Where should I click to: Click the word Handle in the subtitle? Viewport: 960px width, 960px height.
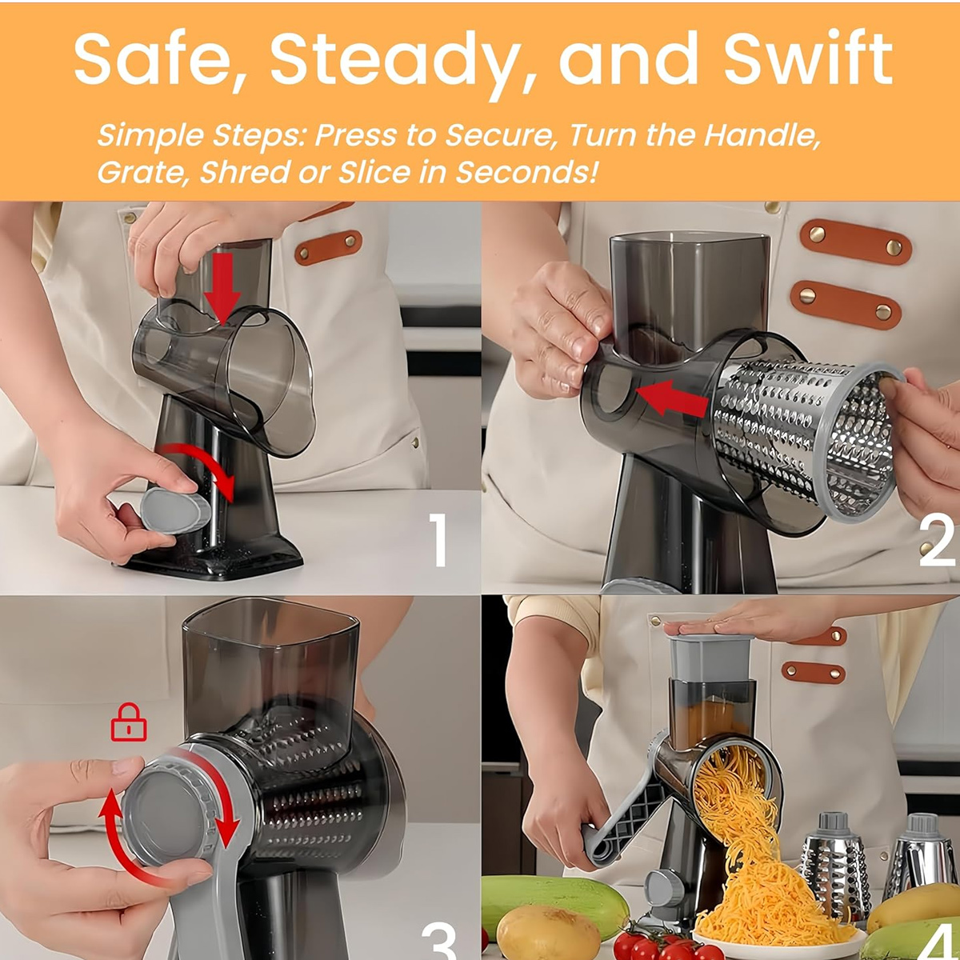[x=762, y=135]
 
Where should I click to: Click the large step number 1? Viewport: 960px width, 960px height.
[x=438, y=540]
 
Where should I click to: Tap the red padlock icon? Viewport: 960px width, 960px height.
[x=129, y=722]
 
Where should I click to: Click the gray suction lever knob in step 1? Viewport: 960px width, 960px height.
[x=175, y=510]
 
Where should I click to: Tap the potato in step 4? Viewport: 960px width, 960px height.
[x=548, y=922]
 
